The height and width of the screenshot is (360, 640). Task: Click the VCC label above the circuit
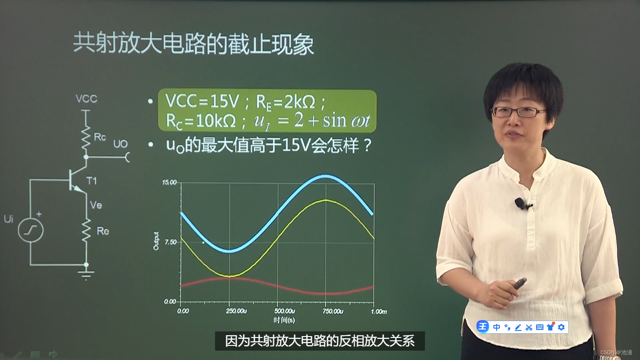pos(86,99)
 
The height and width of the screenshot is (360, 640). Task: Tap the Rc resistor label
pos(100,137)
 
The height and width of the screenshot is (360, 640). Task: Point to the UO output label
pos(120,144)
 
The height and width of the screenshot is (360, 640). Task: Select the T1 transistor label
pos(91,181)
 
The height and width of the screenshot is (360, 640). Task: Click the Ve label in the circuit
pos(96,205)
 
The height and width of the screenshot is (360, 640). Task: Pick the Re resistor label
pos(103,231)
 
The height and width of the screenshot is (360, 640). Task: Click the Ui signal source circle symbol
pos(30,230)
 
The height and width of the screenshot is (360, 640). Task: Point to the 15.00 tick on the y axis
pos(169,182)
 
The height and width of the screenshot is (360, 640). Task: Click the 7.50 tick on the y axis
pos(170,242)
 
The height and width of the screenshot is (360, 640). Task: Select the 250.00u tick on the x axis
pos(235,311)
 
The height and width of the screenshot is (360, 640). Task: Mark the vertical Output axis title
pos(156,241)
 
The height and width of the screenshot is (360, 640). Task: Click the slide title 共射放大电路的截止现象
pos(193,45)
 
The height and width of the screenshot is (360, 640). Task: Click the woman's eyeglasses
pos(518,112)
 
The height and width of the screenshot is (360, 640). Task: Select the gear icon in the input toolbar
pos(561,327)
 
